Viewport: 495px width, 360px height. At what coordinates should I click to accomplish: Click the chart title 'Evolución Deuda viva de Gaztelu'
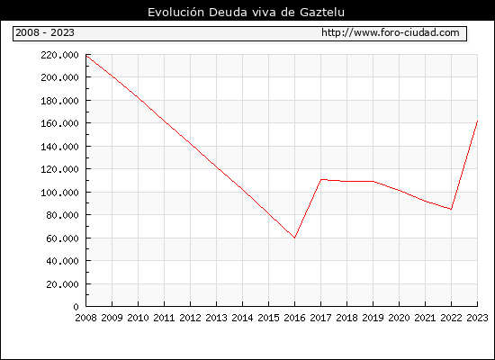(246, 12)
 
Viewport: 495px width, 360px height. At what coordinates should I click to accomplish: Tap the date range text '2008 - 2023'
(45, 32)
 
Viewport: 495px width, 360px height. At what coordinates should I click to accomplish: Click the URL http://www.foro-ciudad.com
(391, 32)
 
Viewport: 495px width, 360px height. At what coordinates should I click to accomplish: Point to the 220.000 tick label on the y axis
(59, 55)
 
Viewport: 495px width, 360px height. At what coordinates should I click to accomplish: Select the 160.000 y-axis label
(59, 123)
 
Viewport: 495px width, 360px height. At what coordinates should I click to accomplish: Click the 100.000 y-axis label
(59, 193)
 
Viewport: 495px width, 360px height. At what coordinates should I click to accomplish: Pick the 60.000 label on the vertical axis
(62, 238)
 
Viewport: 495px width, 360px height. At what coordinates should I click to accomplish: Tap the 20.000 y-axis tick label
(62, 284)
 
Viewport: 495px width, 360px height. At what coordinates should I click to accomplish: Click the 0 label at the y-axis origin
(76, 307)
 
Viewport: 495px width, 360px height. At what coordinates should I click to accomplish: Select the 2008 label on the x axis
(85, 318)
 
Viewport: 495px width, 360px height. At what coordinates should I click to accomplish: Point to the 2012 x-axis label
(191, 318)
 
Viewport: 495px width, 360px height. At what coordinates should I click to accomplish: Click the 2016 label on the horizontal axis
(295, 318)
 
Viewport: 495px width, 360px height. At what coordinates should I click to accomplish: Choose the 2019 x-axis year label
(373, 318)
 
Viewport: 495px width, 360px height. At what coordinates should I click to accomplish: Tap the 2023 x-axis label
(477, 318)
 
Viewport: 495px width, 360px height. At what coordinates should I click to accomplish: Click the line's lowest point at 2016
(295, 238)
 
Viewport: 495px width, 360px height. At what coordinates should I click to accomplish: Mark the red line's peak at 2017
(321, 180)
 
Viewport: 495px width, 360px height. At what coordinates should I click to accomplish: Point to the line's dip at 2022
(452, 209)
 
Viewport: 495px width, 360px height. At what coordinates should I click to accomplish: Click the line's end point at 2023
(477, 121)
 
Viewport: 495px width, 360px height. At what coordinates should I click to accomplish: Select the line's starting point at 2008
(86, 55)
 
